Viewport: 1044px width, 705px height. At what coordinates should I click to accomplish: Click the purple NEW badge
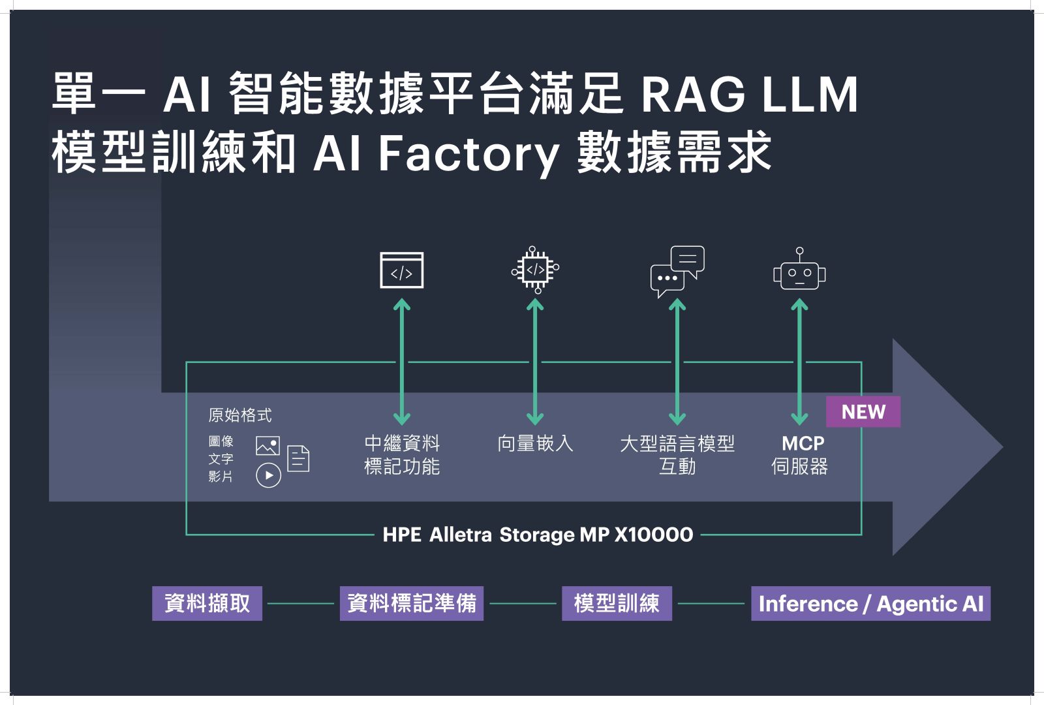tap(863, 412)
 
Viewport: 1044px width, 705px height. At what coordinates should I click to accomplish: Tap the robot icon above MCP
tap(799, 272)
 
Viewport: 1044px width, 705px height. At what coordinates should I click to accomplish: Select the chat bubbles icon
tap(677, 271)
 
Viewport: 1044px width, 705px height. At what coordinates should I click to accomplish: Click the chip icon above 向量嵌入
tap(535, 270)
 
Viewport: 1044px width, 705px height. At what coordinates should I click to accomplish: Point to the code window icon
tap(402, 270)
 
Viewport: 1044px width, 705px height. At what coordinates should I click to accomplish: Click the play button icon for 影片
tap(268, 475)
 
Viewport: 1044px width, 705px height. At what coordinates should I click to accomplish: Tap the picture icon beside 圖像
tap(268, 446)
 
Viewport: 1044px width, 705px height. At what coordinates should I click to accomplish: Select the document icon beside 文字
tap(298, 458)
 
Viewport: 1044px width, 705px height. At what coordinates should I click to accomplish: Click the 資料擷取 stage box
tap(207, 603)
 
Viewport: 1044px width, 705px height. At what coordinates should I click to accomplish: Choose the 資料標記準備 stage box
tap(411, 603)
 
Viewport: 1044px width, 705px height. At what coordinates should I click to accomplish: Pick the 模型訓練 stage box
tap(617, 603)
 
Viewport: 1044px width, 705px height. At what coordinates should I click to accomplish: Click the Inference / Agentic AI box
tap(870, 603)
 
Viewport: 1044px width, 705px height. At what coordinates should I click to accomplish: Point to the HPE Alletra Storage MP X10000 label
tap(538, 535)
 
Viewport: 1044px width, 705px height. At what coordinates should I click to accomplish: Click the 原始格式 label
tap(239, 415)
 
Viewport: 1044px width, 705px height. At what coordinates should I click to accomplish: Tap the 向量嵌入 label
tap(535, 444)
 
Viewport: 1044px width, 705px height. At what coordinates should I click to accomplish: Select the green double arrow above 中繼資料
tap(402, 362)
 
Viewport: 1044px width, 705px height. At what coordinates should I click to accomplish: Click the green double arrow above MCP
tap(799, 362)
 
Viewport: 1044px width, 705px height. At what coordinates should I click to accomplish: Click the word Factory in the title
tap(468, 154)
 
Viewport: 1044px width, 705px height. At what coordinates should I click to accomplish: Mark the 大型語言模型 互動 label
tap(677, 455)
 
